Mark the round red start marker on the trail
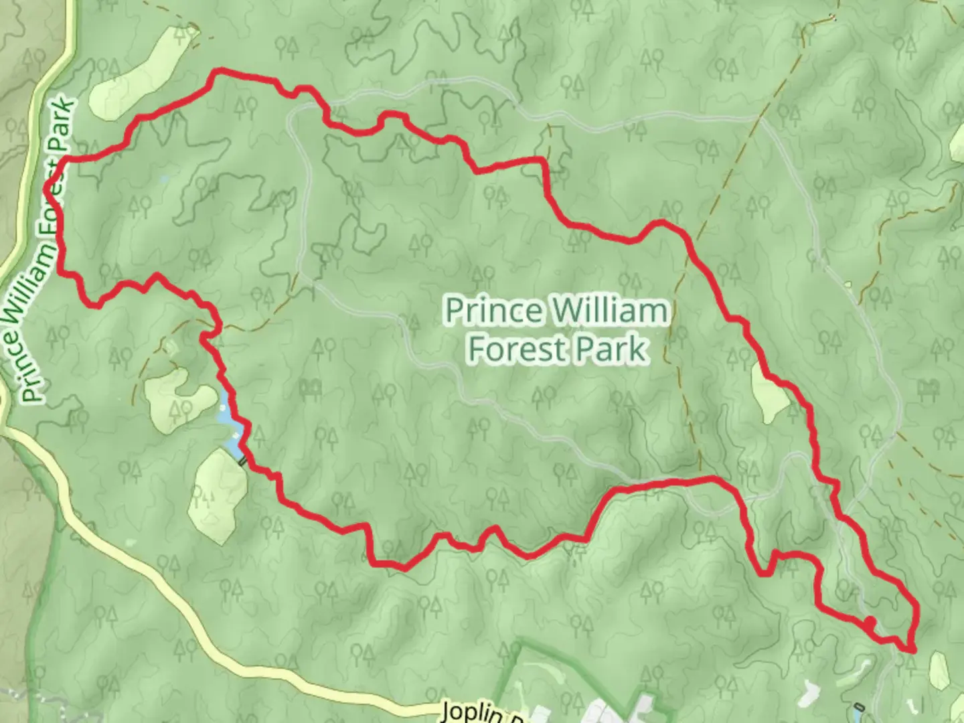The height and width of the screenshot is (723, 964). coord(870,623)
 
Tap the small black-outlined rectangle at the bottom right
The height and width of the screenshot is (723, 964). coord(858,708)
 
